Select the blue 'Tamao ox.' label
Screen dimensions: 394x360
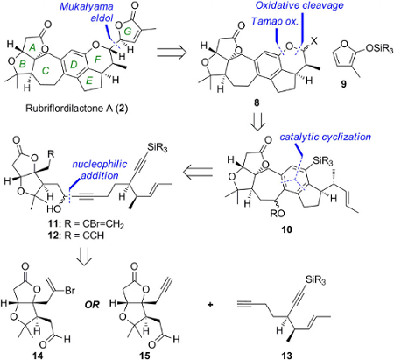[276, 21]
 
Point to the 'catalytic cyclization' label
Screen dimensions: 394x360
[325, 137]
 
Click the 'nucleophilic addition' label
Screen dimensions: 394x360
[100, 170]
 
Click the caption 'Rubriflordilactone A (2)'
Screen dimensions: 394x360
[77, 109]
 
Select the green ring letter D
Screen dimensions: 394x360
[74, 65]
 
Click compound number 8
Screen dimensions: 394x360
[257, 103]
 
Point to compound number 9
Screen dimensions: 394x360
[344, 85]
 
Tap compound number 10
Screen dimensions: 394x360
[286, 229]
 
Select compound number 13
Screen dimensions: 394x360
[286, 356]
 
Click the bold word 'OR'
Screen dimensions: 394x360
[92, 305]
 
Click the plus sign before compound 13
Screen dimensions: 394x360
[210, 305]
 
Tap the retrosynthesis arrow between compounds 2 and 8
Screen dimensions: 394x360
[172, 53]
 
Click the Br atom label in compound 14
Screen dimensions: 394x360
[70, 291]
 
